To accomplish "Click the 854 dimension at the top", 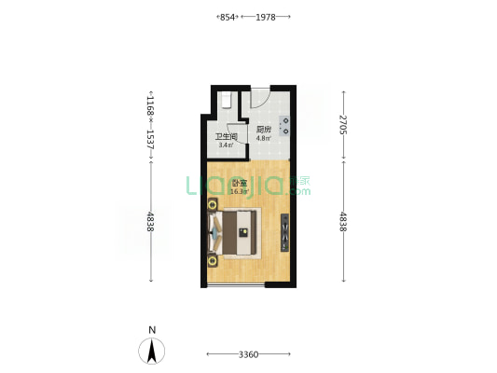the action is pyautogui.click(x=228, y=17).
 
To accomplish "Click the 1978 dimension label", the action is pyautogui.click(x=266, y=17).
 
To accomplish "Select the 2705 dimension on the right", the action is pyautogui.click(x=343, y=125).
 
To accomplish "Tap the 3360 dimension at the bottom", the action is pyautogui.click(x=248, y=354).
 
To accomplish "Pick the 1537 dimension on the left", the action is pyautogui.click(x=150, y=140).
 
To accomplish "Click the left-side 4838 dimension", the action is pyautogui.click(x=150, y=222).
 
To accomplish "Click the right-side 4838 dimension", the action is pyautogui.click(x=343, y=222).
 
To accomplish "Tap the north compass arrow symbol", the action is pyautogui.click(x=152, y=351).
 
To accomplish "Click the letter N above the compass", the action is pyautogui.click(x=152, y=330).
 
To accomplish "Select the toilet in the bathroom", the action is pyautogui.click(x=226, y=100).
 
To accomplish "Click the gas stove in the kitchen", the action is pyautogui.click(x=284, y=126).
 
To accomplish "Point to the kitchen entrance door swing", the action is pyautogui.click(x=260, y=98).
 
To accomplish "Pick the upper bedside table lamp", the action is pyautogui.click(x=213, y=205).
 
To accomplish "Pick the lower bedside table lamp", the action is pyautogui.click(x=213, y=261).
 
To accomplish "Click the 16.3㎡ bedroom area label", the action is pyautogui.click(x=240, y=191).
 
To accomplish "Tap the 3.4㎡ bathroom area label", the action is pyautogui.click(x=226, y=145).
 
